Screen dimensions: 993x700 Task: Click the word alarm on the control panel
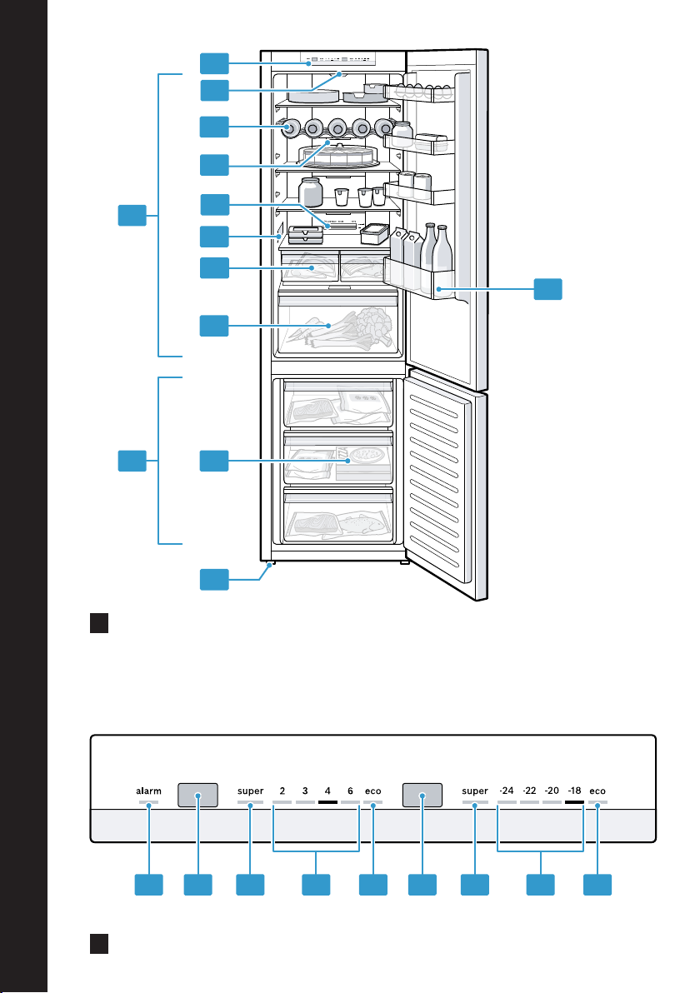click(x=149, y=790)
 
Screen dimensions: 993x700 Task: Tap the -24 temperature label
click(x=506, y=790)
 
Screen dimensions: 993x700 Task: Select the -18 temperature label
click(x=574, y=790)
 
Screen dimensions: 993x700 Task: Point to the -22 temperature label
click(x=529, y=790)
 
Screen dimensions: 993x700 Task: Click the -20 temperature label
click(x=552, y=790)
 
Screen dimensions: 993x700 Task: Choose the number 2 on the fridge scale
click(x=282, y=790)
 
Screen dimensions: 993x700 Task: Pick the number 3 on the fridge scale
click(x=306, y=790)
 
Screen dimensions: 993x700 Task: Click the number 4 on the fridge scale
click(x=327, y=790)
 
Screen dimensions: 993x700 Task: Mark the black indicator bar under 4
click(x=327, y=803)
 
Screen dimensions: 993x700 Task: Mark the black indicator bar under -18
click(x=574, y=803)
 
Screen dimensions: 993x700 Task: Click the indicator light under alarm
click(x=149, y=803)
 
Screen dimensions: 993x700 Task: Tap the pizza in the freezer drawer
click(x=364, y=458)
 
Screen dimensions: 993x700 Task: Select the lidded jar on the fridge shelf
click(x=311, y=192)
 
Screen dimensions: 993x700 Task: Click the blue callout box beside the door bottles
click(x=547, y=289)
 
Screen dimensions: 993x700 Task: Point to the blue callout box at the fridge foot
click(x=214, y=580)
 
